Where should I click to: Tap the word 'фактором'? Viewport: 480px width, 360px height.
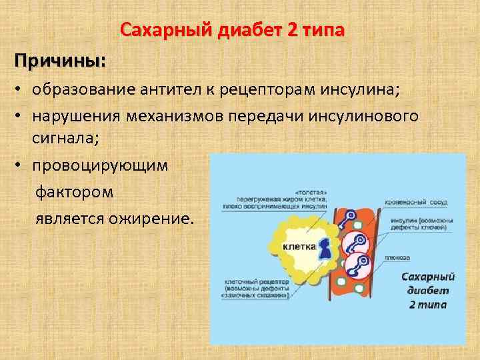(74, 192)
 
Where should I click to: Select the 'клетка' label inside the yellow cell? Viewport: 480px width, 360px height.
(299, 246)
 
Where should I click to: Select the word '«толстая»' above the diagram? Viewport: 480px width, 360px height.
(311, 189)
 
